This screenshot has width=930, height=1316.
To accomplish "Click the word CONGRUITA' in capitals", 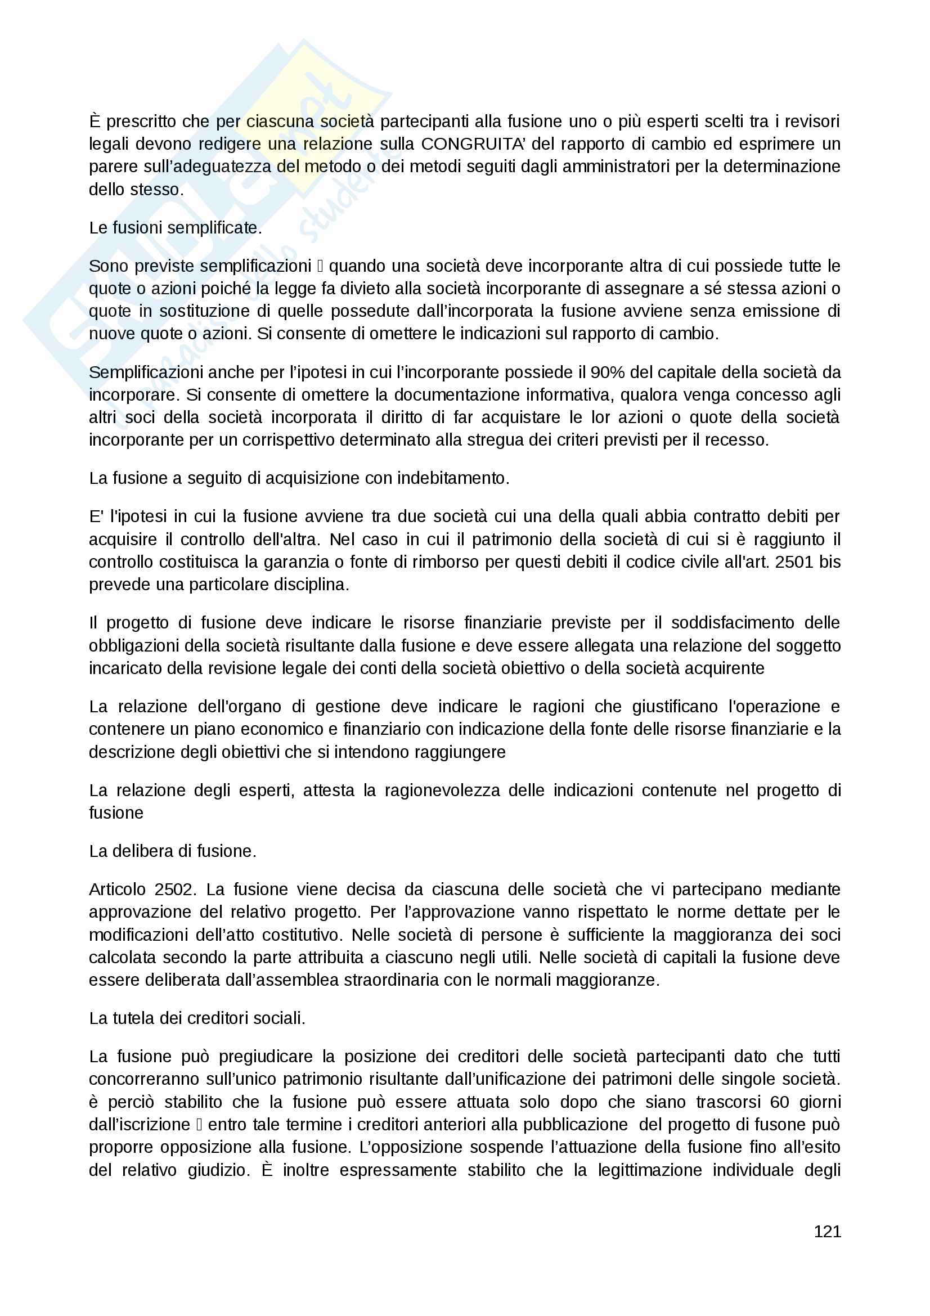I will click(473, 144).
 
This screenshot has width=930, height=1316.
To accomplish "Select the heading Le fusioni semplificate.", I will click(176, 228).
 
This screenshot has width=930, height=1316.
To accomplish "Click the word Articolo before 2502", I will click(118, 889).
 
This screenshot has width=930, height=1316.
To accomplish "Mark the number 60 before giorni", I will click(780, 1102).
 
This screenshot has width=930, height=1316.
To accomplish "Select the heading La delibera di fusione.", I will click(173, 851).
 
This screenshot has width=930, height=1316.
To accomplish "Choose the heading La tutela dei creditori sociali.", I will click(197, 1018).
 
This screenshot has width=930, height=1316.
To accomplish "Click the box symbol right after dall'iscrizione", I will click(199, 1125).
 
